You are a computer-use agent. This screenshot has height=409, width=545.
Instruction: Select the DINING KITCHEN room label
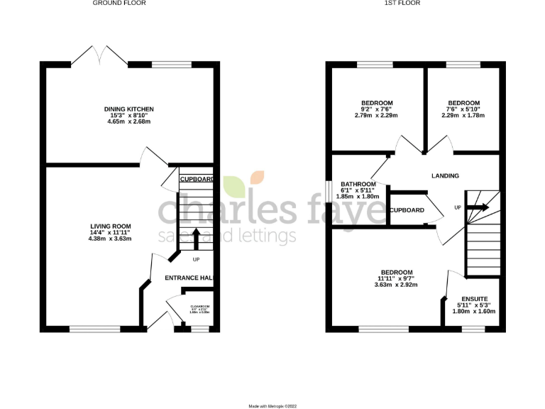129,109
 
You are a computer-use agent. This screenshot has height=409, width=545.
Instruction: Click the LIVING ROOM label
110,225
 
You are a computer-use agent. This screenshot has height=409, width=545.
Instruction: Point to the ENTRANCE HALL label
189,278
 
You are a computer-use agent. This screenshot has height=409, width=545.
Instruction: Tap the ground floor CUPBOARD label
197,180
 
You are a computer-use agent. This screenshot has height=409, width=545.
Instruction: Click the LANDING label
445,175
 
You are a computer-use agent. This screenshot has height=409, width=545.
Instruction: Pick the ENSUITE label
475,299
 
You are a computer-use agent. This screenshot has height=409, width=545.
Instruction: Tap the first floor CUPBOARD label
407,210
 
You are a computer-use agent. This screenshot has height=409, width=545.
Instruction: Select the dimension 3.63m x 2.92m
396,285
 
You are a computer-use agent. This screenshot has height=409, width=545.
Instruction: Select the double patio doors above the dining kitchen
99,55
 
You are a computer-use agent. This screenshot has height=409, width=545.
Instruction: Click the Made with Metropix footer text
272,405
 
